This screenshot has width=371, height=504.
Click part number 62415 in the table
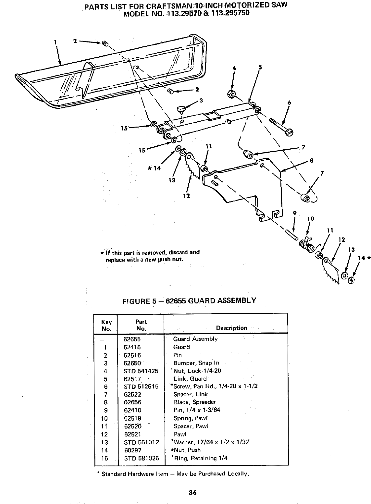[x=132, y=347]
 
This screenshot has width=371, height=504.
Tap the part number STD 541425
[x=141, y=371]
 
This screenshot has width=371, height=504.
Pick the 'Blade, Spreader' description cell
[x=195, y=402]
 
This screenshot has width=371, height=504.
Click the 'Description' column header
[x=231, y=328]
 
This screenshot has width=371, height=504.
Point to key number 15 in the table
[x=105, y=458]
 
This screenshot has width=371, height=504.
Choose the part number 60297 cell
[x=132, y=450]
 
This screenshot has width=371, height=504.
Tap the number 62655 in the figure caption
[x=175, y=301]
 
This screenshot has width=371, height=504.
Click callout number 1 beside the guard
[x=56, y=42]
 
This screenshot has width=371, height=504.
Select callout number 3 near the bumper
[x=201, y=100]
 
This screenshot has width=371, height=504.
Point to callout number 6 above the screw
[x=289, y=103]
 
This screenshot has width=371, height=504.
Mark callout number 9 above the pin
[x=295, y=213]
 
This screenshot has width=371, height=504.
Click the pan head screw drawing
[x=281, y=126]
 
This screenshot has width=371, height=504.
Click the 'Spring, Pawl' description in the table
[x=191, y=418]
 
